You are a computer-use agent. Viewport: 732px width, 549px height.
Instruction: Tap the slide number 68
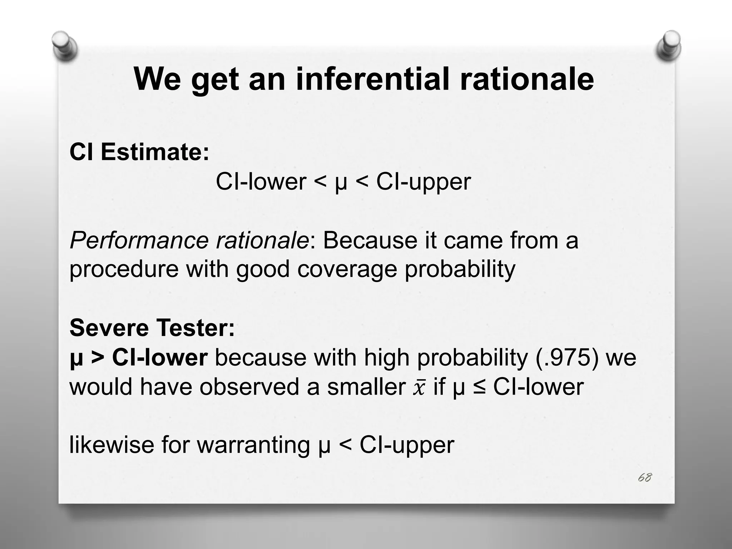click(644, 478)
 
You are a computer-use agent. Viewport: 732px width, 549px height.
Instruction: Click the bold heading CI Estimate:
click(139, 152)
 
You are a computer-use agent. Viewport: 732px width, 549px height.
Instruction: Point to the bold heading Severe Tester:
click(152, 328)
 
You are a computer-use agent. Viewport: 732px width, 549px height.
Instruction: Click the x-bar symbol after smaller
click(419, 388)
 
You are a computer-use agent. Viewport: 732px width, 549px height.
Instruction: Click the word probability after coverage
click(460, 269)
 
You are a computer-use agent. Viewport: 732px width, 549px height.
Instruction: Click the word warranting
click(253, 446)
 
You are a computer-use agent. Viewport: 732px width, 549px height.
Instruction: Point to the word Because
click(370, 240)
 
